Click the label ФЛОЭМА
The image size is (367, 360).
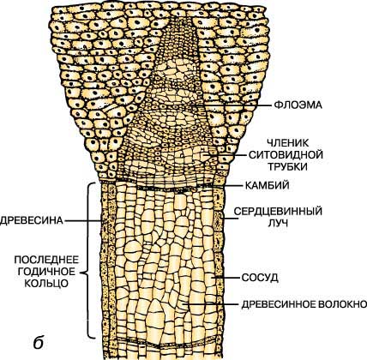[x=298, y=105]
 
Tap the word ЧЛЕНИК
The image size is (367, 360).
[x=288, y=143]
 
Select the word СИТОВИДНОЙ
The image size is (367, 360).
[x=286, y=155]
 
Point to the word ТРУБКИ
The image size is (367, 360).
[x=287, y=166]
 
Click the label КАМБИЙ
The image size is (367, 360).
[x=267, y=186]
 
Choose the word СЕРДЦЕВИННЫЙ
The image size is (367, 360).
[x=278, y=212]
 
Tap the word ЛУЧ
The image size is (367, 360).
[x=278, y=223]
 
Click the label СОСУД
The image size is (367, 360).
[x=260, y=278]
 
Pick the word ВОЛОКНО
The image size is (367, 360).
[x=340, y=304]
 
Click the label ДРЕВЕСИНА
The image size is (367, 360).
[x=32, y=220]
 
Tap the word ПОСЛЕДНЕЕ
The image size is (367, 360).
[x=46, y=260]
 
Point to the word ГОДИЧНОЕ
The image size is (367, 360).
[x=46, y=272]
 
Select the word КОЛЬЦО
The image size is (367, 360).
[x=46, y=283]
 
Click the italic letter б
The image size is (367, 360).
[x=39, y=342]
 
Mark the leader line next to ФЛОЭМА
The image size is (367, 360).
[x=232, y=105]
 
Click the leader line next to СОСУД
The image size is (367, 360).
[x=226, y=278]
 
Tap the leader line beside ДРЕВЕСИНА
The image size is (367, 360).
[x=84, y=220]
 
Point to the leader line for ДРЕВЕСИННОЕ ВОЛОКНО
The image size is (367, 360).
[x=210, y=304]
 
